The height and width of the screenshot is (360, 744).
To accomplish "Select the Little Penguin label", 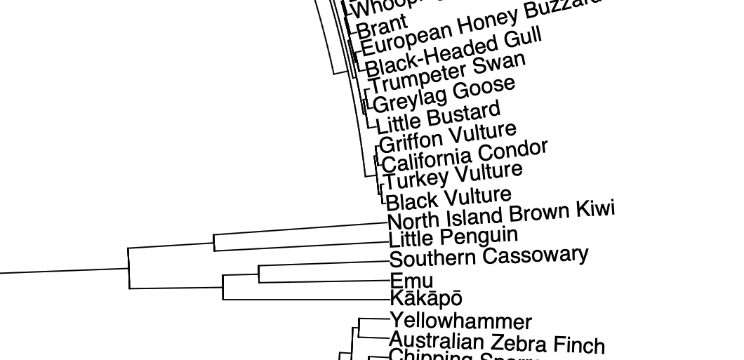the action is coord(453,237).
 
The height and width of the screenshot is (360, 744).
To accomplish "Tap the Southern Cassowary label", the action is coord(489,257).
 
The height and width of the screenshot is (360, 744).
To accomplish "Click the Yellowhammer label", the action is coord(460,321).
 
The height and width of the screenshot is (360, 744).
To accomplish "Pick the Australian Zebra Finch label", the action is coord(496,342).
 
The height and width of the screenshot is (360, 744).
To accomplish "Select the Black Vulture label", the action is coord(449,198).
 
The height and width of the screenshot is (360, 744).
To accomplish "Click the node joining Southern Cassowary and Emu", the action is coord(259,273).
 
